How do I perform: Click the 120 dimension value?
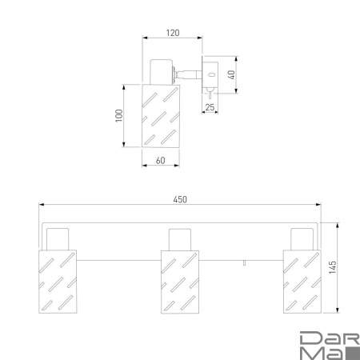173,33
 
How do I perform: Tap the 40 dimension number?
231,74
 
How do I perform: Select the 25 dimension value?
210,107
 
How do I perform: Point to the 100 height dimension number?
119,115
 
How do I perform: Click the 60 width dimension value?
161,161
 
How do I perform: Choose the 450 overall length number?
180,199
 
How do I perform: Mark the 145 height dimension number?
332,267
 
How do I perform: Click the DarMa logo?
330,346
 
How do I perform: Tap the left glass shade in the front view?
58,282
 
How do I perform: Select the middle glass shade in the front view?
180,282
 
